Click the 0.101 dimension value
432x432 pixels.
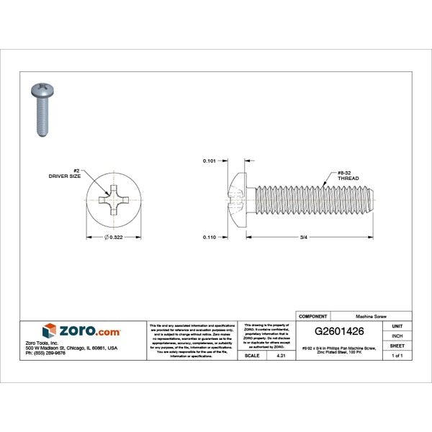pos(210,161)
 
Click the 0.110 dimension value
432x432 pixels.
pos(210,237)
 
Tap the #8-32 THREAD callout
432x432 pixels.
pos(348,176)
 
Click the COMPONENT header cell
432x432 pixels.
pos(313,316)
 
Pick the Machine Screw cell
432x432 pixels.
pos(370,316)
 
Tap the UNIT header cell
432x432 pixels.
pos(397,326)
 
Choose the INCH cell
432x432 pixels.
pos(397,336)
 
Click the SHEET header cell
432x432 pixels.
pos(397,346)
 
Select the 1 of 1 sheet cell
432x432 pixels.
pos(397,356)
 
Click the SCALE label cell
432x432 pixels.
pos(252,356)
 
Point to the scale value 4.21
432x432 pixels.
pos(281,356)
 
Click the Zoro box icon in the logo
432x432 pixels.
pos(49,330)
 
